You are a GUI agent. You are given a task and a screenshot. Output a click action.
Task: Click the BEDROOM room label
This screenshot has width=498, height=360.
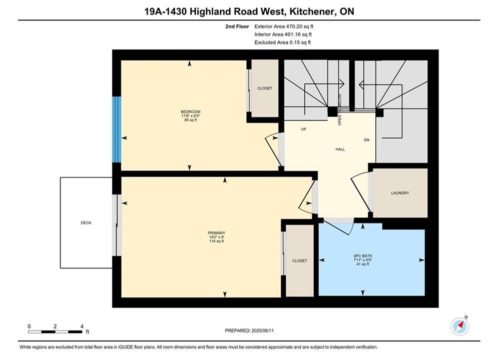pyautogui.click(x=191, y=111)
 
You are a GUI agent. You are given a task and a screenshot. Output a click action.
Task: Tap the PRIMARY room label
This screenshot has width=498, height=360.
pyautogui.click(x=216, y=233)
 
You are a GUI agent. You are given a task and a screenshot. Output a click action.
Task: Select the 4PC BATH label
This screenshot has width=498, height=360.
pyautogui.click(x=363, y=256)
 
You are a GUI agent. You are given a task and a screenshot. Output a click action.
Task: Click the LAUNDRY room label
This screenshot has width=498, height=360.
pyautogui.click(x=400, y=193)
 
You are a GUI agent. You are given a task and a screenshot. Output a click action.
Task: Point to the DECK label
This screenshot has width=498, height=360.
pyautogui.click(x=86, y=222)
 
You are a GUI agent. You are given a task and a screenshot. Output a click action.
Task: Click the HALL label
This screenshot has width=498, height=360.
pyautogui.click(x=340, y=149)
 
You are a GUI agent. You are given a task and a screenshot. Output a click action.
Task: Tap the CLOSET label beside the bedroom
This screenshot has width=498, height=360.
pyautogui.click(x=265, y=88)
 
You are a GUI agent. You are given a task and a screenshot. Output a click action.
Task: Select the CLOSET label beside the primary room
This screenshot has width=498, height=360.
pyautogui.click(x=300, y=260)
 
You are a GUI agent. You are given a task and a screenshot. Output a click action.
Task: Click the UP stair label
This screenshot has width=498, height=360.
pyautogui.click(x=304, y=129)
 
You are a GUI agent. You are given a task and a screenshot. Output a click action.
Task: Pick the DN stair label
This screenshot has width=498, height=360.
pyautogui.click(x=366, y=140)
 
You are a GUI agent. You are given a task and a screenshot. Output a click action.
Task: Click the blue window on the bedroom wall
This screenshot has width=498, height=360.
pyautogui.click(x=117, y=129)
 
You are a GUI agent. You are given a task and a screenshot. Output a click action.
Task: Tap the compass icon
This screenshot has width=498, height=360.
pyautogui.click(x=460, y=326)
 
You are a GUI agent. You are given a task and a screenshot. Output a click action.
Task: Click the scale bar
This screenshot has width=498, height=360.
pyautogui.click(x=55, y=332)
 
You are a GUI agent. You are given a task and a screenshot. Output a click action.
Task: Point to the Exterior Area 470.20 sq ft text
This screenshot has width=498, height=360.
pyautogui.click(x=284, y=26)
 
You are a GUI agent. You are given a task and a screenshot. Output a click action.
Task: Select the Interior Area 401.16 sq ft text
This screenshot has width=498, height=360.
pyautogui.click(x=283, y=34)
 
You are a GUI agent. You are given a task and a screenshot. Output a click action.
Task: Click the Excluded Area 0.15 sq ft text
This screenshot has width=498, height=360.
pyautogui.click(x=283, y=42)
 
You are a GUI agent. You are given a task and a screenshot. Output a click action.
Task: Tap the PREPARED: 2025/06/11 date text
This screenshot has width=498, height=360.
pyautogui.click(x=249, y=330)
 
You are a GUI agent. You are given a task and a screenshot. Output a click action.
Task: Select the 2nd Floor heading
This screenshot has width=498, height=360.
pyautogui.click(x=237, y=26)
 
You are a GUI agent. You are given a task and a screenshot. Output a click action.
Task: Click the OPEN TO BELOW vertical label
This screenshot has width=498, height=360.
pyautogui.click(x=339, y=109)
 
